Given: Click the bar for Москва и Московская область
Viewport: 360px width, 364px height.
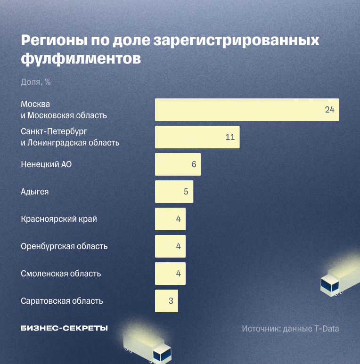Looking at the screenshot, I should point(247,110).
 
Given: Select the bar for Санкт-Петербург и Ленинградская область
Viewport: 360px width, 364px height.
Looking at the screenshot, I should point(197,137).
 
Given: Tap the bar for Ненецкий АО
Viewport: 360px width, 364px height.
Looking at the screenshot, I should point(178,164).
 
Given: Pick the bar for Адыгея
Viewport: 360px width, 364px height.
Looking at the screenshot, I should point(174,192).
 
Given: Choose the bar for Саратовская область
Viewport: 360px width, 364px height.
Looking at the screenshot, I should point(166,301).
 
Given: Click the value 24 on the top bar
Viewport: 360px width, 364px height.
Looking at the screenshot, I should point(329,110).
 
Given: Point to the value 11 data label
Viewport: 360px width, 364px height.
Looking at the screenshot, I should point(230,137).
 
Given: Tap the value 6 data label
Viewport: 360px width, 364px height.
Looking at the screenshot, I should point(194,164).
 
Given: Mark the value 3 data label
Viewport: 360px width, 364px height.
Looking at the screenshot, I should point(171,301).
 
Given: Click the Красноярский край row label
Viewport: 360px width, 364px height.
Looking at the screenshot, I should point(59,219).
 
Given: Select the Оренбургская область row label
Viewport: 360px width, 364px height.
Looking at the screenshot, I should point(64,246).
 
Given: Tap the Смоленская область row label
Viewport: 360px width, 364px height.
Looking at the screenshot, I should point(61,274).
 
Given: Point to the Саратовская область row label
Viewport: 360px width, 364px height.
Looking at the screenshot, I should point(62,301).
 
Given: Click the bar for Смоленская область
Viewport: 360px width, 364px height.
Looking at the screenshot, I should point(170,274).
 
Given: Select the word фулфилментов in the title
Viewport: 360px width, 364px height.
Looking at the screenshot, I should point(81,59).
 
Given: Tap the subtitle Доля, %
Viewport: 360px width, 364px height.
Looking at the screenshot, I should point(36,82).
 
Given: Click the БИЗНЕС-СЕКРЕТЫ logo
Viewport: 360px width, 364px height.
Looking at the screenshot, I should point(64,328).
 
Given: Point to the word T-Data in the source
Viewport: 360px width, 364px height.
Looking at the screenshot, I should point(327,329).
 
